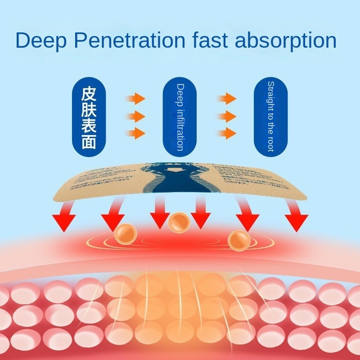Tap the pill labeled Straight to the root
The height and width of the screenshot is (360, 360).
coord(270,117)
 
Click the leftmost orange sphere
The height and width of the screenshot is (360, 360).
coord(125,233)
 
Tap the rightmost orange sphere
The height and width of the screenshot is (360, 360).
coord(237,239)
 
